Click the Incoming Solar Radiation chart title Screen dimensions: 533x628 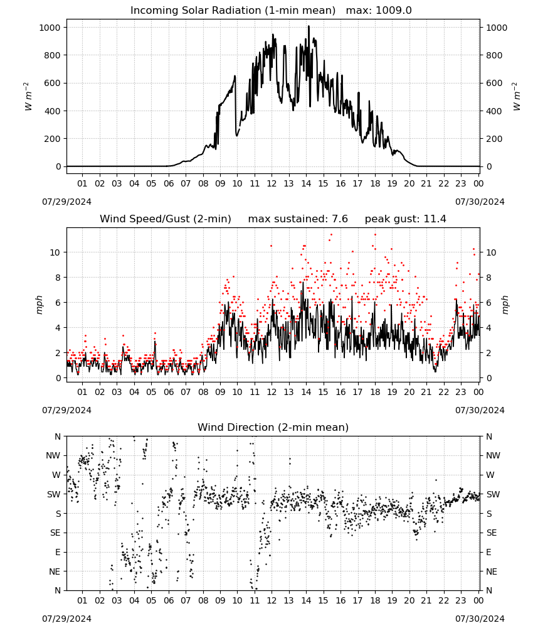coord(233,11)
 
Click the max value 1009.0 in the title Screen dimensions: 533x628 coord(394,11)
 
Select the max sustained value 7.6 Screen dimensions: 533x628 coord(339,219)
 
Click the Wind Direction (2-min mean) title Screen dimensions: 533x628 coord(273,427)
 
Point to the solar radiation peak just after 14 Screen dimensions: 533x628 coord(309,26)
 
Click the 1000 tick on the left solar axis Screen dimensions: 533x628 coord(50,28)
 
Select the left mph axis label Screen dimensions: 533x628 coord(39,305)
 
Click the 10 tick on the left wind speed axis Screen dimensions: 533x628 coord(55,252)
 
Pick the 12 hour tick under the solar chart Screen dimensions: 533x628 coord(272,183)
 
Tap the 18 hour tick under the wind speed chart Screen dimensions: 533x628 coord(375,392)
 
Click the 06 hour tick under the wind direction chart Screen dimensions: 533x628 coord(169,601)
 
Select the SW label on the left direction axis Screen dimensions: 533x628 coord(54,494)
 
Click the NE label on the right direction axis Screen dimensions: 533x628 coord(492,571)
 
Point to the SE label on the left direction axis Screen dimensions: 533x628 coord(55,533)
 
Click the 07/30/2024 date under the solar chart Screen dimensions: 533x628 coord(480,202)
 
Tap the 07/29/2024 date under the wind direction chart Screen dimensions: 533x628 coord(66,619)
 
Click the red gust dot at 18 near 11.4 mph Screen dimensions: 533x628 coord(375,235)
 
